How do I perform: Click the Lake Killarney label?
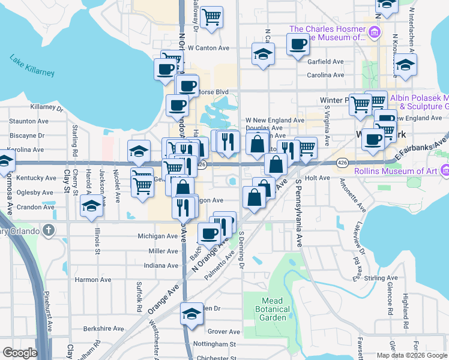pyautogui.click(x=32, y=65)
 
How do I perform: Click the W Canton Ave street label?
pyautogui.click(x=209, y=48)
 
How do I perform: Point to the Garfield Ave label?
pyautogui.click(x=325, y=62)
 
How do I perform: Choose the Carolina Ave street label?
pyautogui.click(x=325, y=75)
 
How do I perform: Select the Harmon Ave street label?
pyautogui.click(x=92, y=280)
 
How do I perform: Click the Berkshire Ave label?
pyautogui.click(x=103, y=329)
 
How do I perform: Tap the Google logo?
pyautogui.click(x=20, y=353)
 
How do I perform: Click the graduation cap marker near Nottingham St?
pyautogui.click(x=191, y=313)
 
